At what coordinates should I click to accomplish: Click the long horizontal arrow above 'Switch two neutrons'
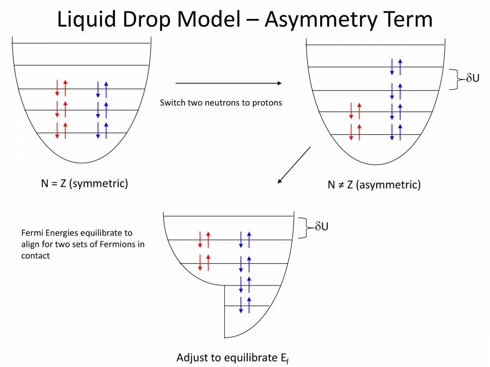coord(228,83)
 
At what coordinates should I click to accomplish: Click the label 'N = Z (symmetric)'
coord(84,183)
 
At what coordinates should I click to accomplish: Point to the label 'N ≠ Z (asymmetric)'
coord(374,184)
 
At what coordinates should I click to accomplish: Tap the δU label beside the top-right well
coord(473,78)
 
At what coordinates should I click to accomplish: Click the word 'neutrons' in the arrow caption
coord(223,102)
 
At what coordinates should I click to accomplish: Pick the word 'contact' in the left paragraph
coord(35,256)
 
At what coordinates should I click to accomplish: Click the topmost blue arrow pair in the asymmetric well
coord(396,67)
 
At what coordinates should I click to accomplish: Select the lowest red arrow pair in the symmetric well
coord(61,130)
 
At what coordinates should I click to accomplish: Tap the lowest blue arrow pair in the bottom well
coord(245,305)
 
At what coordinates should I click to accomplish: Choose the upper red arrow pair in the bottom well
coord(204,240)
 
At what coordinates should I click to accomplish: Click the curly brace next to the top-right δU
coord(454,79)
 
